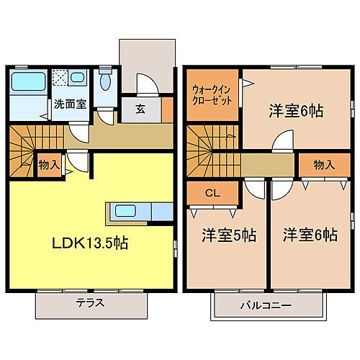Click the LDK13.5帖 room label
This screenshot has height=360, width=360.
[x=89, y=243]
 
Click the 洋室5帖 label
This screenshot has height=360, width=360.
[x=228, y=235]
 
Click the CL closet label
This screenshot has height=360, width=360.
[x=212, y=192]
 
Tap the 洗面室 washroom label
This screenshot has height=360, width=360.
[x=71, y=104]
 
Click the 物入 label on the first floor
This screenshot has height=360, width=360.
[x=50, y=165]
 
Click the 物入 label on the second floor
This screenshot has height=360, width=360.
[x=324, y=165]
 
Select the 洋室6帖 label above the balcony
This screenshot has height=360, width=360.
[x=310, y=235]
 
